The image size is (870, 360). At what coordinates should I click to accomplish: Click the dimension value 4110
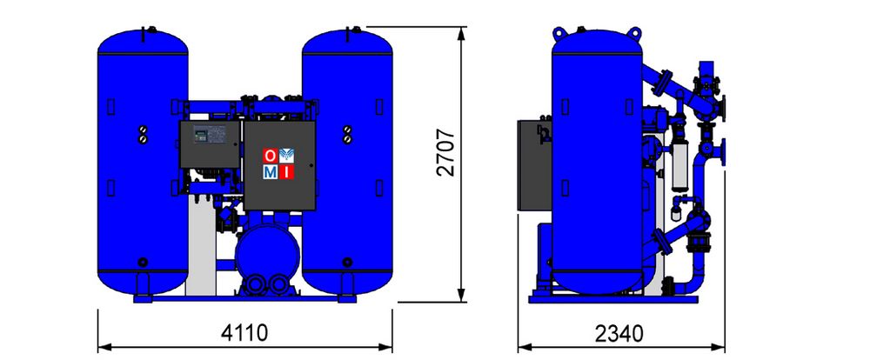pyautogui.click(x=244, y=333)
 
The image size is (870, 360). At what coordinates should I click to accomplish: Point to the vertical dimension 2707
pyautogui.click(x=445, y=153)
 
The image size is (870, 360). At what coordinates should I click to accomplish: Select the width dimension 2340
pyautogui.click(x=619, y=334)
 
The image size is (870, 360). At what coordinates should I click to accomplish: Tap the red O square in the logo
pyautogui.click(x=270, y=156)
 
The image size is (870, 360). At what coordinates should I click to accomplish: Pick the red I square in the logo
pyautogui.click(x=286, y=172)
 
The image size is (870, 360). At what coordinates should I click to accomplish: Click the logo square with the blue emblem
pyautogui.click(x=286, y=156)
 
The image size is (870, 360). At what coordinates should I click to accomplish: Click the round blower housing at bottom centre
pyautogui.click(x=267, y=252)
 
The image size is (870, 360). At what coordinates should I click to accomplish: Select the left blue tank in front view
pyautogui.click(x=143, y=161)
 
